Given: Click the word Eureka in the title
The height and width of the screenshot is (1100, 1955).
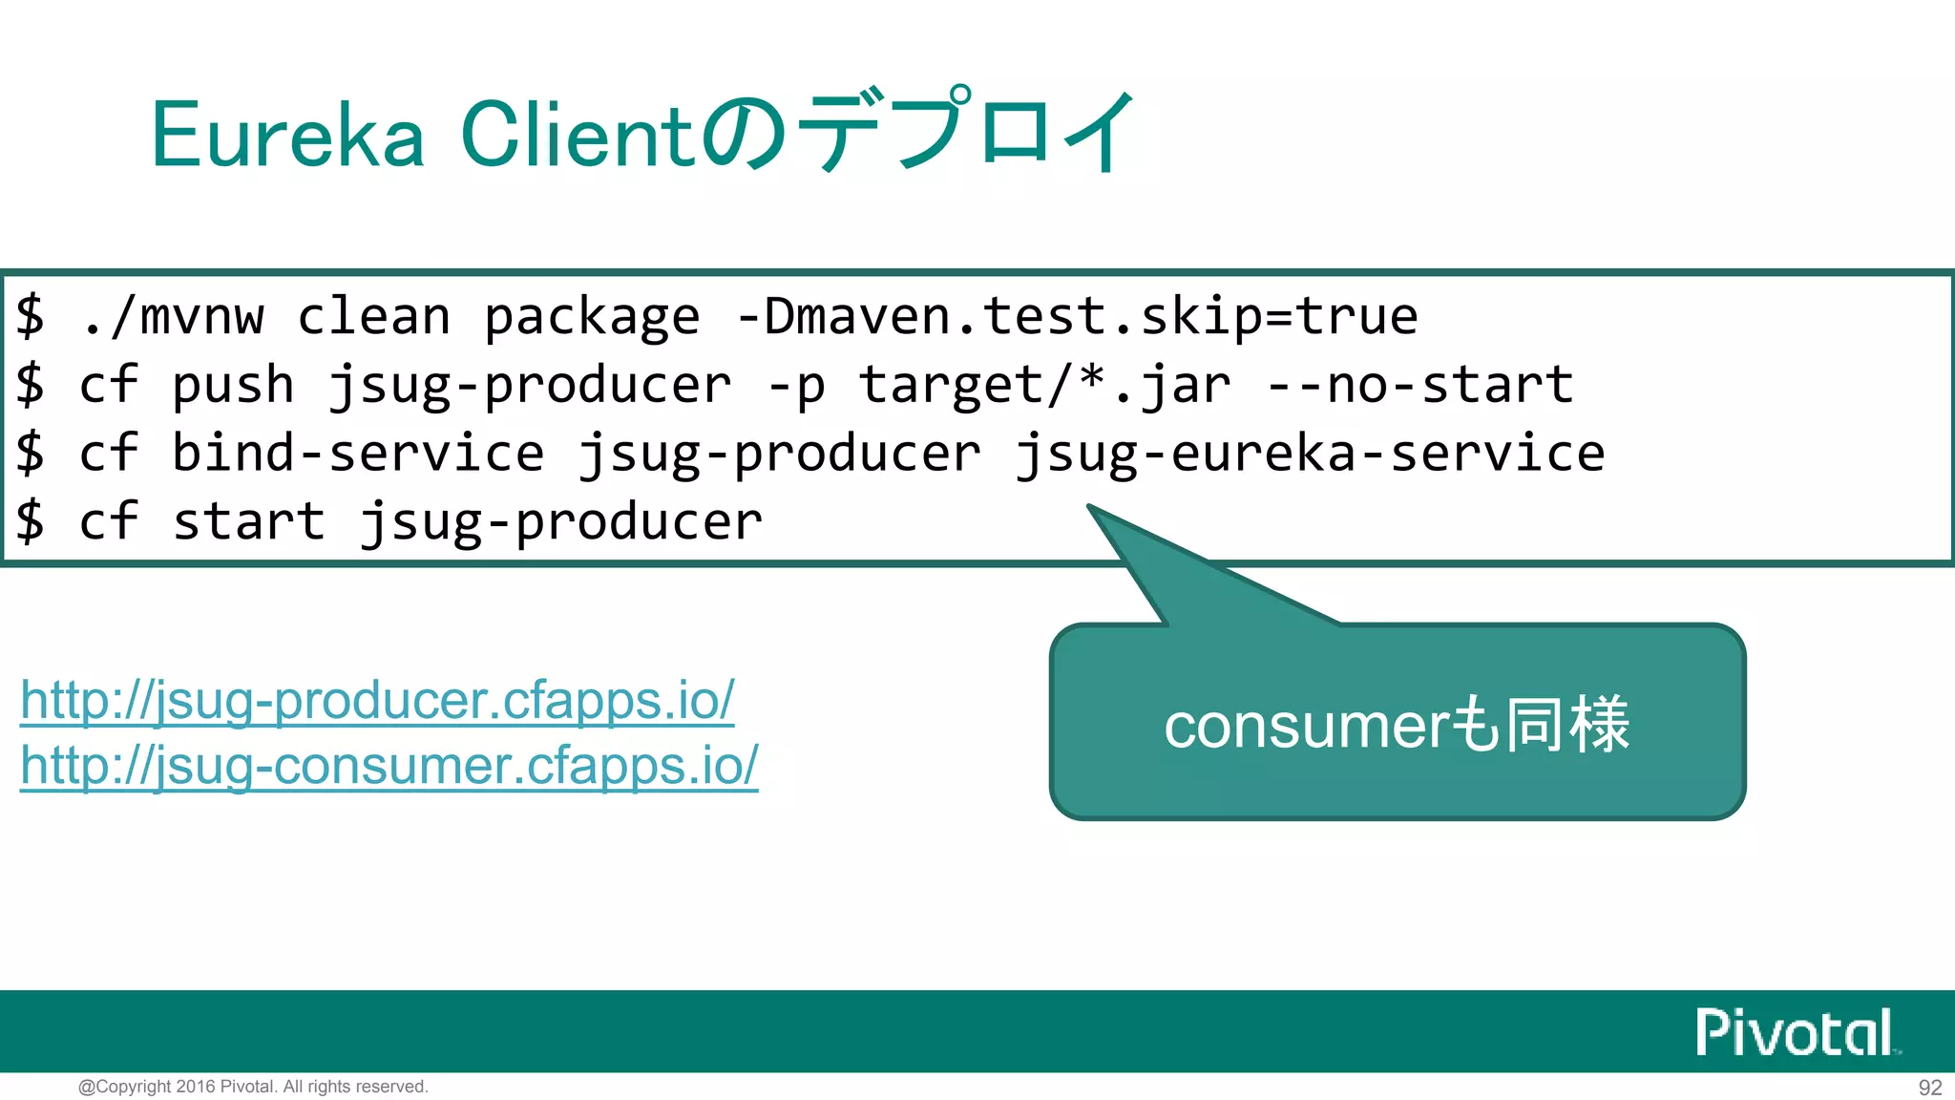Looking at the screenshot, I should point(287,136).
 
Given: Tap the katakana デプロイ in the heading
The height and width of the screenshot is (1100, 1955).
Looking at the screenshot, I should point(964,132).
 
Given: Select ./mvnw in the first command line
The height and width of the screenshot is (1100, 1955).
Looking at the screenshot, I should point(172,317).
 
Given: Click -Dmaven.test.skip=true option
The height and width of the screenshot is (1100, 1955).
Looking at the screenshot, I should point(1077,317).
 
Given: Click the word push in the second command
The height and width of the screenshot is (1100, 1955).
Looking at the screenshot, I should point(233,386).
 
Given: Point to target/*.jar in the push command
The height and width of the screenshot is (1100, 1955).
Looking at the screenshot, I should point(1044,386).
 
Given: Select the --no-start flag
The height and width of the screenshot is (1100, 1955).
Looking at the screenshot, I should point(1419,386).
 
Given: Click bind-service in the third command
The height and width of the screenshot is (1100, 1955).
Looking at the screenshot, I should point(358,454).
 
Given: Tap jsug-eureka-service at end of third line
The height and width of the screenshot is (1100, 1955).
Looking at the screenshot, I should point(1309,455).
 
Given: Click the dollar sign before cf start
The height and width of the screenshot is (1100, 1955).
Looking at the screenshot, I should point(31,522).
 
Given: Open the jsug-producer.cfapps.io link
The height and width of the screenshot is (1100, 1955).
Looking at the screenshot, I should point(377,701).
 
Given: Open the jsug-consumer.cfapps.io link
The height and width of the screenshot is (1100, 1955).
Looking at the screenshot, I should point(389,766).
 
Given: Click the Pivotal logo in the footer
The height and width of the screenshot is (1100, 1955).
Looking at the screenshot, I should point(1795,1032).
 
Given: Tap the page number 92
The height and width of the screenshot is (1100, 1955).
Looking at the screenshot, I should point(1929,1088).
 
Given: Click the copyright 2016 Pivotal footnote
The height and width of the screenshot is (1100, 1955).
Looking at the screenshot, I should point(253,1087).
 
